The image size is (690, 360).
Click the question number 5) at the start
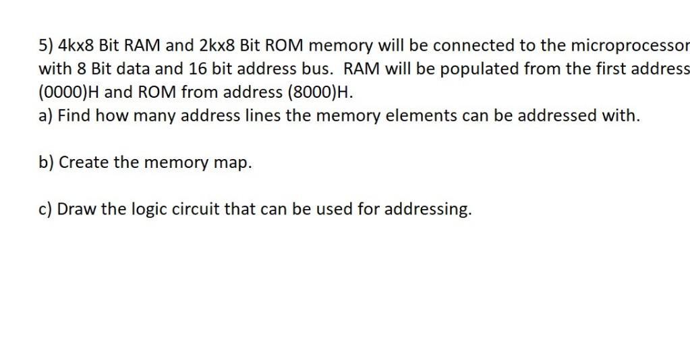click(x=46, y=46)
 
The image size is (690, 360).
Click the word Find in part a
click(x=74, y=115)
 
